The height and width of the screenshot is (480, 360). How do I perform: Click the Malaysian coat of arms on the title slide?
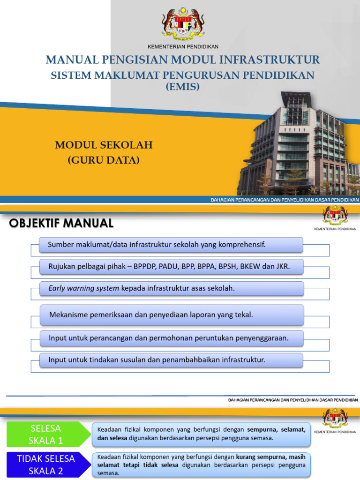183,23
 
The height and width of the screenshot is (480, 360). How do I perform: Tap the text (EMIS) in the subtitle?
183,86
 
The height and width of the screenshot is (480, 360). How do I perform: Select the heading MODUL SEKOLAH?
104,145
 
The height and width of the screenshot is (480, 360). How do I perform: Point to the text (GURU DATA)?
104,160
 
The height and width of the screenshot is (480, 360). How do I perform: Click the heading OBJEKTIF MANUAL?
61,224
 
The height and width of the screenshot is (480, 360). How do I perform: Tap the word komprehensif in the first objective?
240,244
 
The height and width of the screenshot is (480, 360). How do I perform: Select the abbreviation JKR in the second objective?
282,266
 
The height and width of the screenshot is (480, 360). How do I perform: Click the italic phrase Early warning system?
84,288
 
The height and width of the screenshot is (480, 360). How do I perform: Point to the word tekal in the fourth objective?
244,315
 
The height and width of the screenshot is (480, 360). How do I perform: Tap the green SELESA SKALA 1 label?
45,434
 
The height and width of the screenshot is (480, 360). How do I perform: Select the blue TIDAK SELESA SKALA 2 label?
46,464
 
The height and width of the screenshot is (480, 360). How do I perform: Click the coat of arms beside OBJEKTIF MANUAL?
335,216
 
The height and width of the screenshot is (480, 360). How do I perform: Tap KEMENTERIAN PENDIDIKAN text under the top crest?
183,46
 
